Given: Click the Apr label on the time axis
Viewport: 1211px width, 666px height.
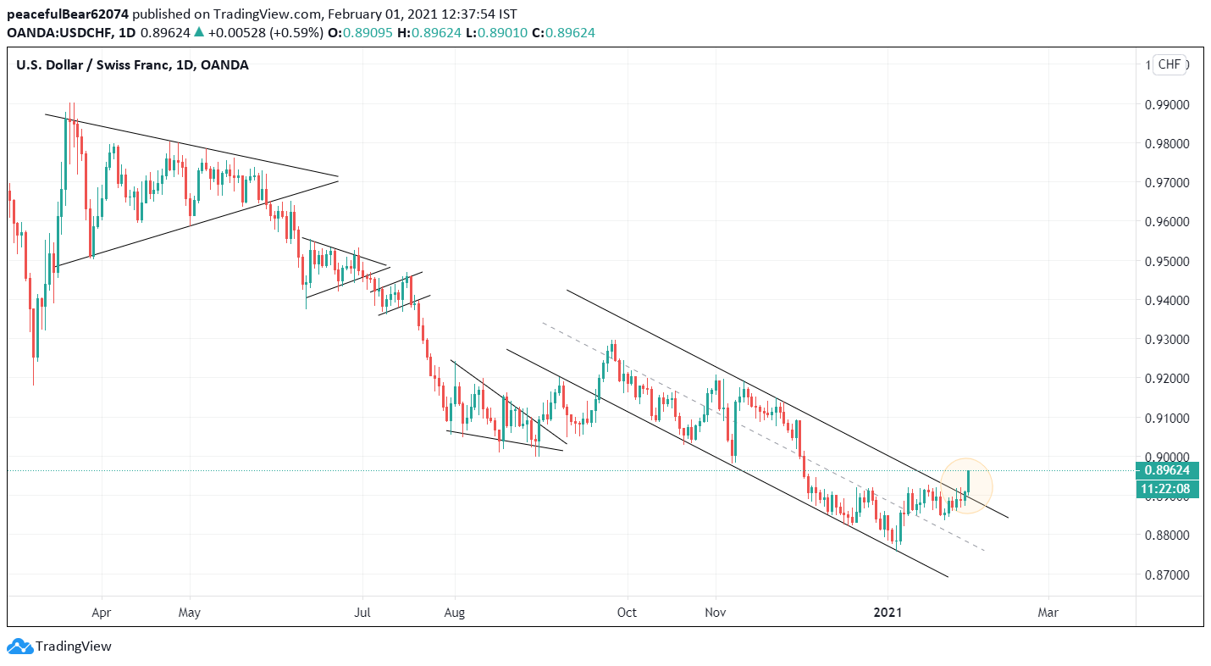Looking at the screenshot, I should (102, 612).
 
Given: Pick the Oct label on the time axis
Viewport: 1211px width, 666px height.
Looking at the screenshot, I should (628, 612).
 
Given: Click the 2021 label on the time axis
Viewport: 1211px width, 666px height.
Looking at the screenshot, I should (888, 612).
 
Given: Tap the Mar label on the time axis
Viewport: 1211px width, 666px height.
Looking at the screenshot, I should (1048, 612).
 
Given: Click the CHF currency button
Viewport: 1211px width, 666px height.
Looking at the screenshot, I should (1170, 64).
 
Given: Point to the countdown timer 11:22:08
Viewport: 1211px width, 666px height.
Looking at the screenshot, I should (1166, 489).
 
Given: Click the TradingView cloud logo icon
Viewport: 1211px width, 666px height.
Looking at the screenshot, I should (19, 647).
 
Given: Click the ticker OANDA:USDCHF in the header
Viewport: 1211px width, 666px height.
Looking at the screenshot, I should (58, 32).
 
